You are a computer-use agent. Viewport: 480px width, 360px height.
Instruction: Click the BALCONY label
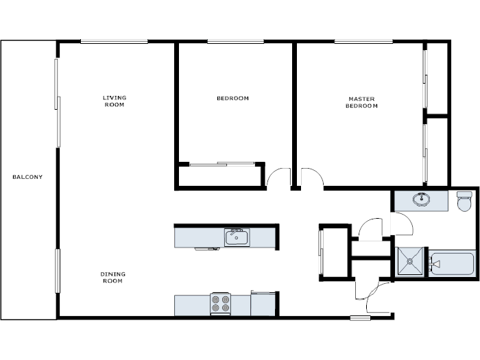(27, 177)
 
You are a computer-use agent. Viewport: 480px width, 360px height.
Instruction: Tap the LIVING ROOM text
(115, 101)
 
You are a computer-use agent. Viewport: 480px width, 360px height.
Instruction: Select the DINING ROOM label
(113, 278)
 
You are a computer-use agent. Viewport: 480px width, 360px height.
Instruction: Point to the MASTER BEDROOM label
(361, 102)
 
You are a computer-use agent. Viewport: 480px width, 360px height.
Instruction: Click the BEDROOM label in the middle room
(232, 98)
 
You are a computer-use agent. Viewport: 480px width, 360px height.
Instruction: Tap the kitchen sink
(237, 237)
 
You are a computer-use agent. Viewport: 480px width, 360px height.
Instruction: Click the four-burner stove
(220, 303)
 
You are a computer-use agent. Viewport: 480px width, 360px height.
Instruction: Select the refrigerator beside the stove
(263, 304)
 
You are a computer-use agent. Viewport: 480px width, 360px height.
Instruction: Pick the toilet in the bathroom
(466, 200)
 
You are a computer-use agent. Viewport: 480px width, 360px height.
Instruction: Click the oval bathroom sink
(421, 200)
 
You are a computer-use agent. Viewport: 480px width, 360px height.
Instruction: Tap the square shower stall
(410, 262)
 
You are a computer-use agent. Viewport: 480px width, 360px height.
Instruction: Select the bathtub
(451, 263)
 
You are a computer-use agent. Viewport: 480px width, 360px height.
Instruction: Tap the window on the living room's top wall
(114, 42)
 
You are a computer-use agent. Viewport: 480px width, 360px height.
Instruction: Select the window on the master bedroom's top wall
(363, 42)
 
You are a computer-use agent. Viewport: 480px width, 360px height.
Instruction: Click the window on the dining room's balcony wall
(58, 271)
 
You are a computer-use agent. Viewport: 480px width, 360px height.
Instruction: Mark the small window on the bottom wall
(359, 317)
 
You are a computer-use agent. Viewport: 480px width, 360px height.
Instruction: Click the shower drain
(410, 262)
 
